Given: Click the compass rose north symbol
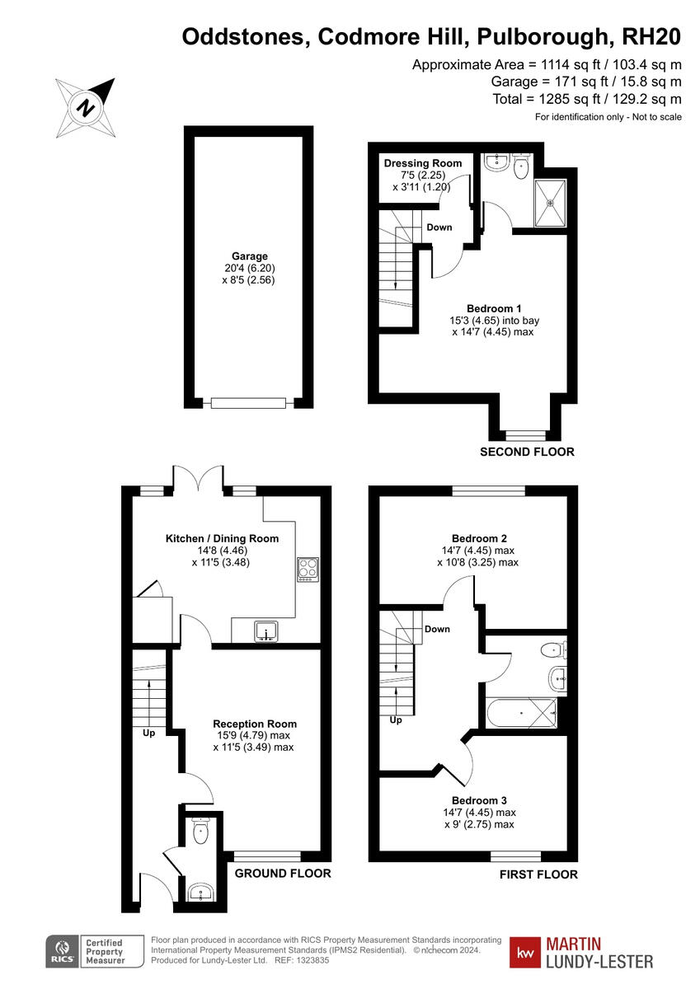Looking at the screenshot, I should coord(85,107).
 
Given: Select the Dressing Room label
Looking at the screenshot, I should coord(423,163).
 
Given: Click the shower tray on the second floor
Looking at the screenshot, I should coord(550,203).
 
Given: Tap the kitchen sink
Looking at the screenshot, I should coord(266,632).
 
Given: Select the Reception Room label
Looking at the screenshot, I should coord(252,724).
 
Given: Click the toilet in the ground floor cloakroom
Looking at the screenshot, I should coord(199,832).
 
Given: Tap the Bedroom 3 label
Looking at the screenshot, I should coord(479,800).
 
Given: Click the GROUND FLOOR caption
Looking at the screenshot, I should coord(283,874).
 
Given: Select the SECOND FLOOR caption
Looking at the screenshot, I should coord(528,452).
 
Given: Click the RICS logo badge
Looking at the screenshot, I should coord(61,952).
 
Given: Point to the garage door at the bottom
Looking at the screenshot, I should coord(248,403).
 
